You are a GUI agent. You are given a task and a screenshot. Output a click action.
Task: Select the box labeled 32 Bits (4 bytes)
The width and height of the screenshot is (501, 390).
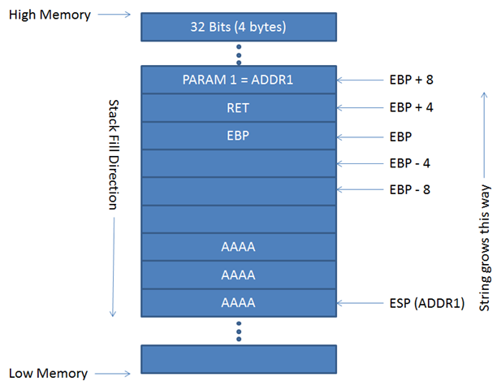pyautogui.click(x=239, y=26)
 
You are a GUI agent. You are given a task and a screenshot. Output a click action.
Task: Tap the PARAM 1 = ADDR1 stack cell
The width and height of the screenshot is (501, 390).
pyautogui.click(x=239, y=80)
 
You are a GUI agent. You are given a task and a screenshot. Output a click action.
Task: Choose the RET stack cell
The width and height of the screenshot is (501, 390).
pyautogui.click(x=239, y=107)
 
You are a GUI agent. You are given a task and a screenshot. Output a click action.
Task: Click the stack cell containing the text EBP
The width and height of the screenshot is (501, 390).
pyautogui.click(x=239, y=136)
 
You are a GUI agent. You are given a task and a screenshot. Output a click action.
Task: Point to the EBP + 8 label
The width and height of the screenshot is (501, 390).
pyautogui.click(x=412, y=80)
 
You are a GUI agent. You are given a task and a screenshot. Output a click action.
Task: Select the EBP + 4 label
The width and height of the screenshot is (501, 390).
pyautogui.click(x=412, y=107)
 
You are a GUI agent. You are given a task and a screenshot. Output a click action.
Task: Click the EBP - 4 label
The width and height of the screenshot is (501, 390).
pyautogui.click(x=410, y=163)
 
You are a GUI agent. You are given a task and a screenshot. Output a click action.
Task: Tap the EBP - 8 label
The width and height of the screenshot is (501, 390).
pyautogui.click(x=410, y=191)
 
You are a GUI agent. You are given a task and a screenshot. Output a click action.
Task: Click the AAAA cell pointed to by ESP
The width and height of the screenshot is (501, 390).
pyautogui.click(x=239, y=303)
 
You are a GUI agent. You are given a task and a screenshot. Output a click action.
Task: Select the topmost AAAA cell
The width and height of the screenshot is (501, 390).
pyautogui.click(x=239, y=247)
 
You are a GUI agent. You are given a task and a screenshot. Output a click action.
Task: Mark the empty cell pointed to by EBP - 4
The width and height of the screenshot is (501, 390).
pyautogui.click(x=239, y=163)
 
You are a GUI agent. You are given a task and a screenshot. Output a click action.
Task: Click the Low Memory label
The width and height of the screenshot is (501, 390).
pyautogui.click(x=48, y=374)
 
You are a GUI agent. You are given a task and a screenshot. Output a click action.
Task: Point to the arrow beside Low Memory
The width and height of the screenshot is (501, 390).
pyautogui.click(x=114, y=374)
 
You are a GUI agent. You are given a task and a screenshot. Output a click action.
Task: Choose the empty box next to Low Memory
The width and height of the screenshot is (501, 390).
pyautogui.click(x=239, y=358)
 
